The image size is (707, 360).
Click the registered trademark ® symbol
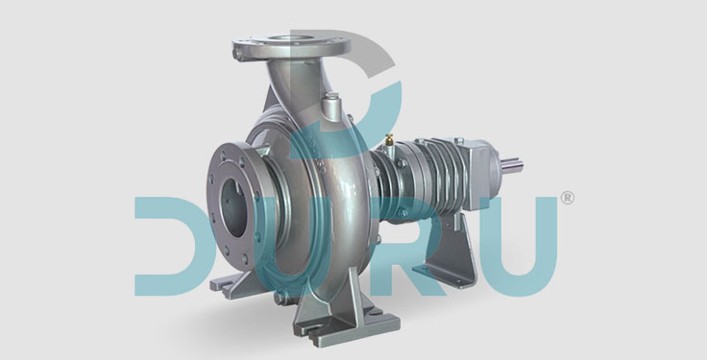[x=567, y=199]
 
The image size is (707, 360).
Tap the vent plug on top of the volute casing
[x=330, y=103]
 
